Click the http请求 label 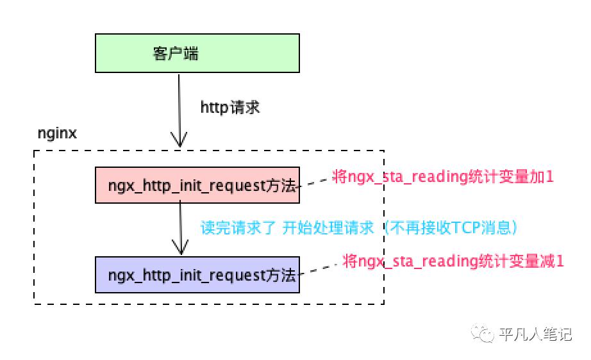click(x=230, y=107)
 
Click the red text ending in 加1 click(x=443, y=177)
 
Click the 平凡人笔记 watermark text click(x=535, y=334)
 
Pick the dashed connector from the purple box click(x=320, y=268)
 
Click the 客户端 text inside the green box click(x=176, y=53)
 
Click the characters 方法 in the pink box click(x=287, y=186)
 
